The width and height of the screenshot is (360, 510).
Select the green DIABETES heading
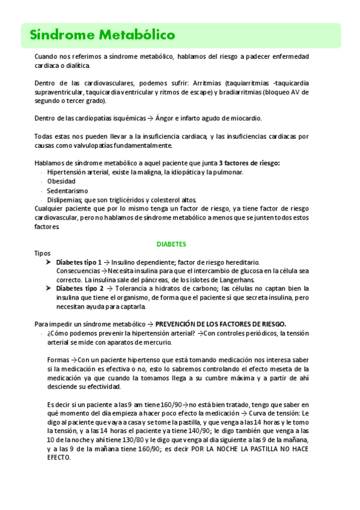point(171,244)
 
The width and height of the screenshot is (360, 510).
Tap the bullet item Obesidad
point(61,182)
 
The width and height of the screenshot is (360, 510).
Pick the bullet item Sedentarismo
point(67,191)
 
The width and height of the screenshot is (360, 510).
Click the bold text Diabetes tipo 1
point(79,262)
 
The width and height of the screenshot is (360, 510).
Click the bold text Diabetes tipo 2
point(79,289)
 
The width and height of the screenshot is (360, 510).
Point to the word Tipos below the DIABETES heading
point(42,253)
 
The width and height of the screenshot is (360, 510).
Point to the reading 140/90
point(215,431)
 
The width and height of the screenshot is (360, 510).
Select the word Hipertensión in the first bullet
point(67,173)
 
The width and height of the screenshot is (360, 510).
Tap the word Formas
point(58,360)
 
